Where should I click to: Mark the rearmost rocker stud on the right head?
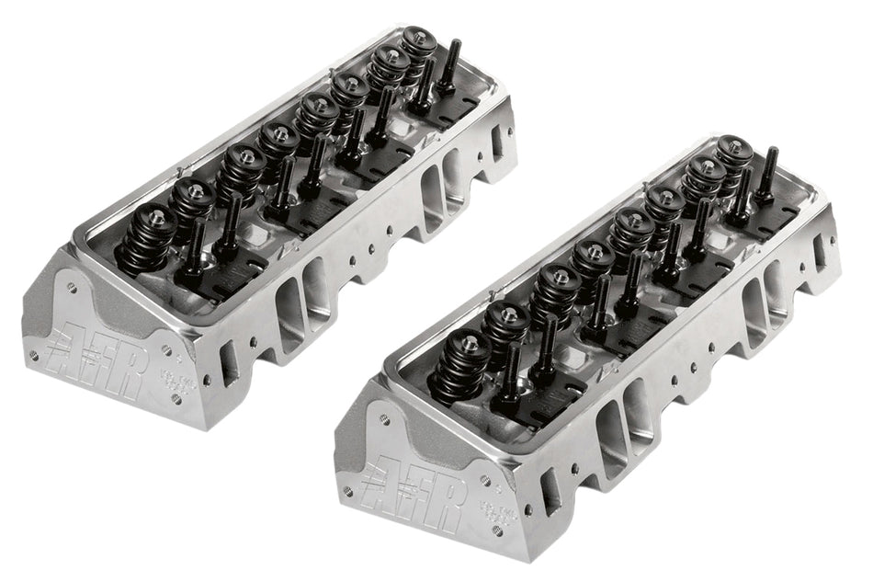tap(766, 170)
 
